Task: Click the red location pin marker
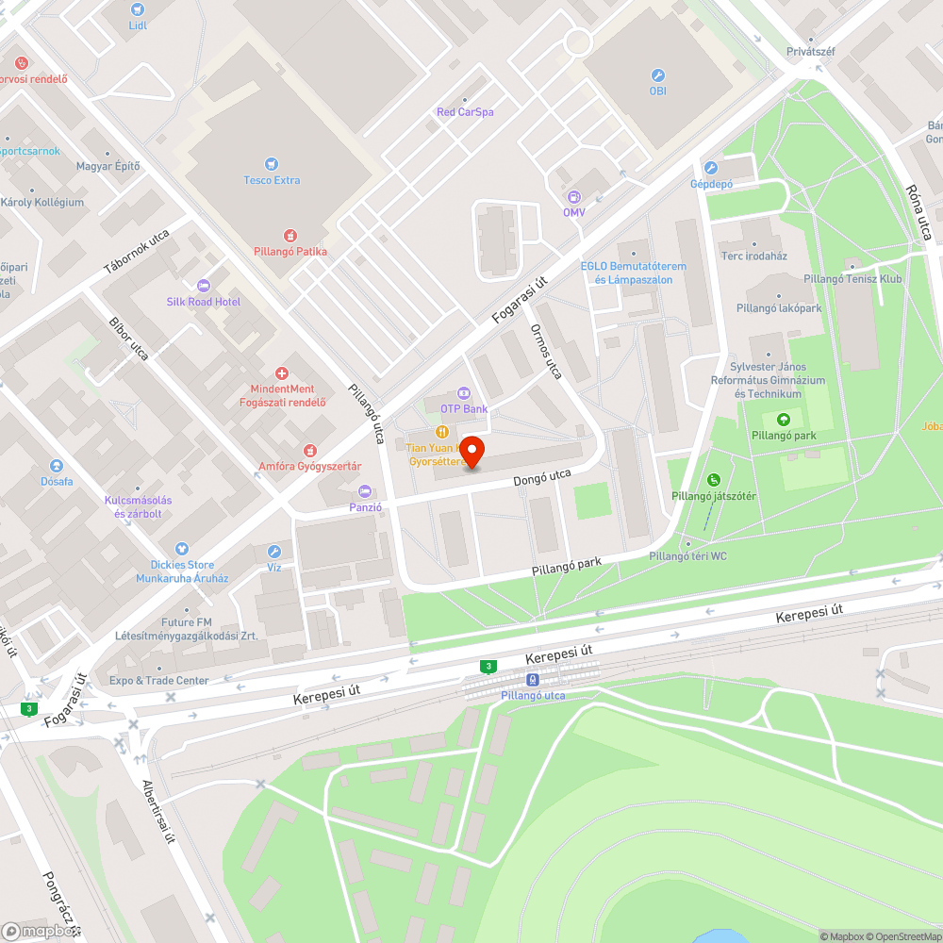click(x=471, y=452)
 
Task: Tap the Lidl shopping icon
click(x=138, y=8)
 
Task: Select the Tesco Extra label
click(x=273, y=180)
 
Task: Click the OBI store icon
click(x=657, y=74)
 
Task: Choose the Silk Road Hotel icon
click(x=203, y=286)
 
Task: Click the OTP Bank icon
click(x=463, y=392)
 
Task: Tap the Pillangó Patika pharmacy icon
click(x=290, y=235)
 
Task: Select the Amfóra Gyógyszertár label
click(x=310, y=466)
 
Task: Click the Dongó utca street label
click(x=542, y=478)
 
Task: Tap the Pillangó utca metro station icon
click(x=533, y=679)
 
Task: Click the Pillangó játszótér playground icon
click(x=714, y=480)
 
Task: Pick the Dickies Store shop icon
click(x=182, y=549)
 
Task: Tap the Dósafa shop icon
click(x=57, y=466)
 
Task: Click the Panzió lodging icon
click(x=365, y=490)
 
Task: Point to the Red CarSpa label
click(x=465, y=112)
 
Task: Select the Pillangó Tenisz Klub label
click(x=852, y=279)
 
